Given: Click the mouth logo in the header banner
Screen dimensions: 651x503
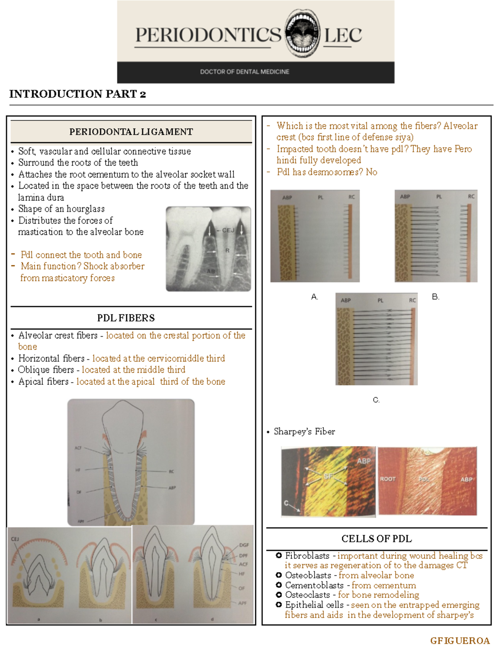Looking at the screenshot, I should point(302,34).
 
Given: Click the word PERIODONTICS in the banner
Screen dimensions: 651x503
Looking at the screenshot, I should point(208,35).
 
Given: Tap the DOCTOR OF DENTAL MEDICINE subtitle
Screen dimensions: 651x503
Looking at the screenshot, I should point(244,72).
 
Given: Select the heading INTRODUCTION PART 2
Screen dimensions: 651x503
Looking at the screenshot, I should point(78,94).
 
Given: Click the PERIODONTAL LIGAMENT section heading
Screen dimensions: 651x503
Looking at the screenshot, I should point(131,132).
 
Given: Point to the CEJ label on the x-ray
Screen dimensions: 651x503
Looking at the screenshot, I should point(228,230).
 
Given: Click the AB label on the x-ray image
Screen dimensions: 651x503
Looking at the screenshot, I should point(211,271).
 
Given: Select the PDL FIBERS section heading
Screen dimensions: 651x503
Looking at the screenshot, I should point(126,318).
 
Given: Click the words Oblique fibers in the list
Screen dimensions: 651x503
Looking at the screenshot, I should point(46,370).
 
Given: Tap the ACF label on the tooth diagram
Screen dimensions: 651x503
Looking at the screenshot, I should point(78,448).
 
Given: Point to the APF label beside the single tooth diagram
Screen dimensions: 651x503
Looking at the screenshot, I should point(81,521).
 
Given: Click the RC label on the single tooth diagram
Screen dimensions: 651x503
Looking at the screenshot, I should point(171,472).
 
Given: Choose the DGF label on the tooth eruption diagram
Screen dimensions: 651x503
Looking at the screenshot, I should point(244,545).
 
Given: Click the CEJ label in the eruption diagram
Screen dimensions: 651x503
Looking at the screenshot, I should point(15,539).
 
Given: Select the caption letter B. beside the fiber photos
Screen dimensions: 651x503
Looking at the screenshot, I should point(436,297).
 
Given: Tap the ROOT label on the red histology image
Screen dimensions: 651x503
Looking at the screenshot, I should point(388,479).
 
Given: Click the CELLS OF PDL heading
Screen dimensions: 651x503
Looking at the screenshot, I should point(376,539).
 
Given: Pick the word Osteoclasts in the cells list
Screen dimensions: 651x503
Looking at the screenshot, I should point(307,595).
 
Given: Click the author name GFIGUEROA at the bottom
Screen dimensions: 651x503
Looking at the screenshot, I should point(460,641).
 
